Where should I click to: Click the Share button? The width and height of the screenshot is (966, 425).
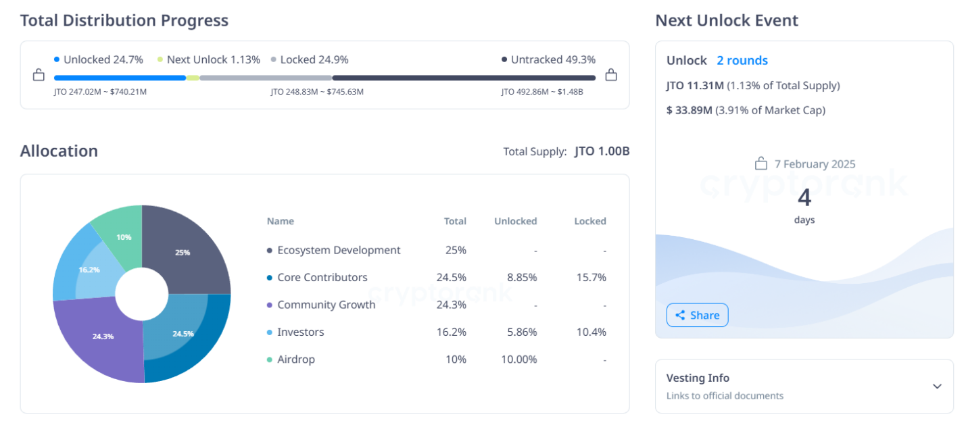coord(697,315)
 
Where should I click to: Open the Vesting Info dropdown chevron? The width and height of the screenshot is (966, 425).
coord(937,386)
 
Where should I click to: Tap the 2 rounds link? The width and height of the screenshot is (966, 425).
coord(742,61)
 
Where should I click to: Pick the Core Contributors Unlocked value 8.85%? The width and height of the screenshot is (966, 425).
coord(521,278)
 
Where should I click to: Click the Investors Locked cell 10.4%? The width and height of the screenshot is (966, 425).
coord(594,332)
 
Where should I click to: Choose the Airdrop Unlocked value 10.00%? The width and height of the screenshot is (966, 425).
coord(519,359)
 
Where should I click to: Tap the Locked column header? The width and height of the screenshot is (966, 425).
coord(590,221)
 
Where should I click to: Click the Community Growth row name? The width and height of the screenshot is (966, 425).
coord(326,305)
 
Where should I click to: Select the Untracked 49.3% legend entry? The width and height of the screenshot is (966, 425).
coord(549,59)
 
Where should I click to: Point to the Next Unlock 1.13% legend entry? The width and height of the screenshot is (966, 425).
coord(208,59)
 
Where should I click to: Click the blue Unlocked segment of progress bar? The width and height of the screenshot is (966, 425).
coord(120,78)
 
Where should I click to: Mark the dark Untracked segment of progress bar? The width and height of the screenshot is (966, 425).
coord(464,78)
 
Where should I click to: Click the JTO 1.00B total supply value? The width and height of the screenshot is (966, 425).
coord(602,151)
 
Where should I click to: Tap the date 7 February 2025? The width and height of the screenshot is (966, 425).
coord(815,164)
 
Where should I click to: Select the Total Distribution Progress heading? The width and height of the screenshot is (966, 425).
coord(124,20)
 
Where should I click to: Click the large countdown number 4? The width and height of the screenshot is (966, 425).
coord(804,197)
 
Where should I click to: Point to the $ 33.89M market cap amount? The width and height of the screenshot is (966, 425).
coord(689,110)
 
